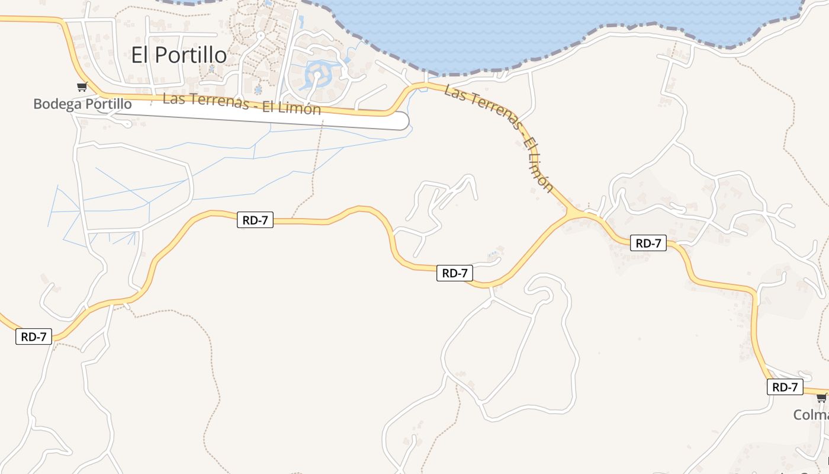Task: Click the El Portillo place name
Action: [x=178, y=55]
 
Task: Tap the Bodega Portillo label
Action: [x=82, y=104]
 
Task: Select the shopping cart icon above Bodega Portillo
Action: [x=82, y=87]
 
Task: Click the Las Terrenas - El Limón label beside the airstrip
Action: [x=242, y=104]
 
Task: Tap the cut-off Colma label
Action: [x=811, y=415]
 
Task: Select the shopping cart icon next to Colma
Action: [x=822, y=398]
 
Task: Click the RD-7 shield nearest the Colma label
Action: [x=785, y=387]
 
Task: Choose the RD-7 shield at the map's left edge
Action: [x=34, y=337]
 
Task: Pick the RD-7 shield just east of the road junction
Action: [x=648, y=243]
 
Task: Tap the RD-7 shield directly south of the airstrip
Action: [x=255, y=220]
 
